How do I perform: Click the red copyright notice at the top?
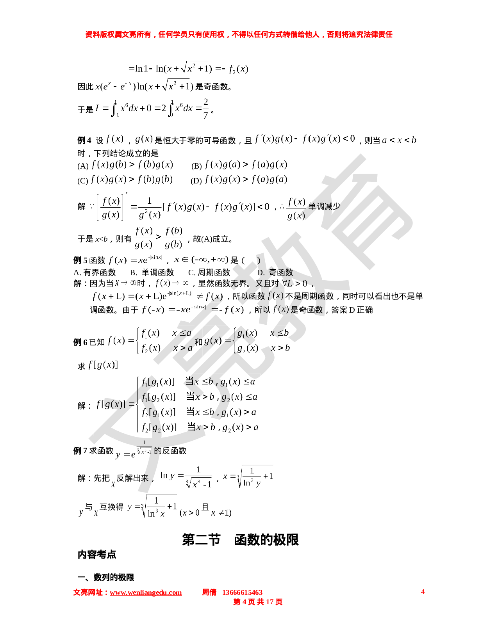(x=239, y=35)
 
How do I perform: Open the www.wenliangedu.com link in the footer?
(x=146, y=593)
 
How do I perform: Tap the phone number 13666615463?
(x=242, y=592)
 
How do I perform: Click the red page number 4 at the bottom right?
(x=423, y=592)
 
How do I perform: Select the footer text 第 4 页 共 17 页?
(x=258, y=602)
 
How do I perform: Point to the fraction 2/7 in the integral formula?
(x=205, y=109)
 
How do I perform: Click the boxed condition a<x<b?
(x=399, y=140)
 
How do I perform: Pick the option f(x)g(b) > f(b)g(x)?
(x=132, y=164)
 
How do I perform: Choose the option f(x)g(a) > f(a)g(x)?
(x=246, y=164)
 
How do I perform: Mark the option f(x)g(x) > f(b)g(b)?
(x=132, y=179)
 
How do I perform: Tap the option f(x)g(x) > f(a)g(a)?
(x=246, y=179)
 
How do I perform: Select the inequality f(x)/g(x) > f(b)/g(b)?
(x=158, y=237)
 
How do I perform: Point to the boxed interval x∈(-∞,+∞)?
(x=201, y=260)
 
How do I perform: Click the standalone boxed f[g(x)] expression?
(x=102, y=365)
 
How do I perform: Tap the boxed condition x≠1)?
(x=221, y=512)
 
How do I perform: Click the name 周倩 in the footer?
(x=209, y=592)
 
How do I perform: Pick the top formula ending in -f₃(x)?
(x=188, y=68)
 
